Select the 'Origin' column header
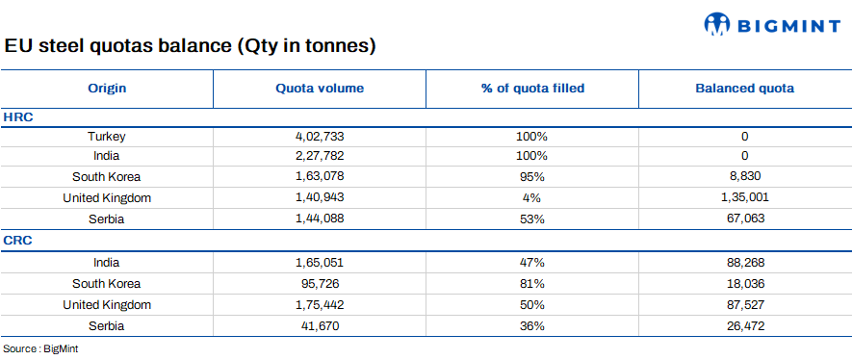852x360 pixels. (107, 89)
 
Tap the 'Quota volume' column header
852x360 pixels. (320, 89)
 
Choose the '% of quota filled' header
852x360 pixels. (532, 89)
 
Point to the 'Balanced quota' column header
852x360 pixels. (744, 89)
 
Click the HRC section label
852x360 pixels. (19, 116)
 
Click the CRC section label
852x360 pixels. (19, 241)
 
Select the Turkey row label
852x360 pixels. (107, 137)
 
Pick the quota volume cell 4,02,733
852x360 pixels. (320, 137)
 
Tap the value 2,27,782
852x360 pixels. (320, 156)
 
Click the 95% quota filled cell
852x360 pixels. (532, 176)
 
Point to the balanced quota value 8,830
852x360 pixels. (744, 176)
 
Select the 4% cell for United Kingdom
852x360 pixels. (532, 197)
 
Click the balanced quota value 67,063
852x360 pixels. (744, 219)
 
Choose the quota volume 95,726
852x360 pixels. (320, 284)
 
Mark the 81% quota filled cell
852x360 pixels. (532, 284)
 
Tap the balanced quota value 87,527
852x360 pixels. (744, 305)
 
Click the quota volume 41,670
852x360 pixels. (320, 326)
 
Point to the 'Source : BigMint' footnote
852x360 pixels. (40, 349)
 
